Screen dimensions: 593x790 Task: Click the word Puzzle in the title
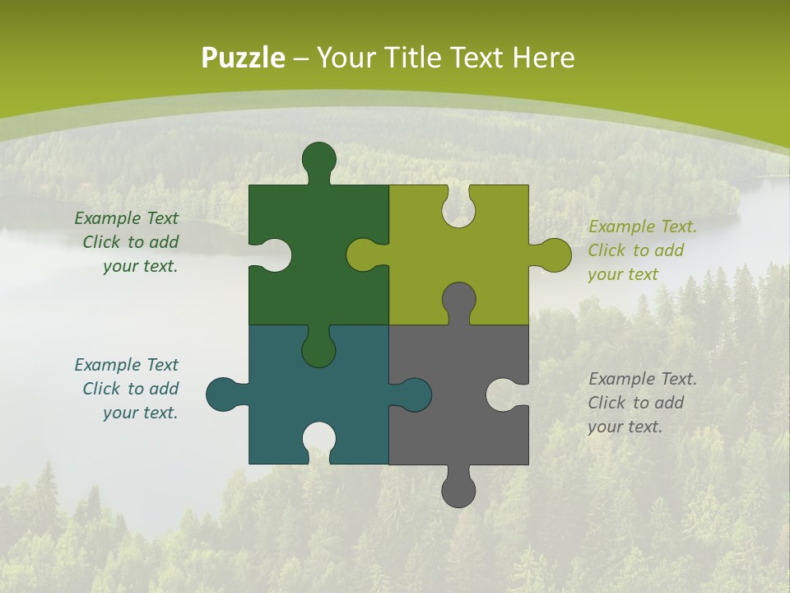pos(244,58)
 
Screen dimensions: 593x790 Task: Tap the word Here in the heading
pos(544,58)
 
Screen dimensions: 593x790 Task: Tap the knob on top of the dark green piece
pos(318,159)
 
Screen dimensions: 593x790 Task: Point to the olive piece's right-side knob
pos(554,254)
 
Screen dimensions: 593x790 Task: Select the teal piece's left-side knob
pos(223,394)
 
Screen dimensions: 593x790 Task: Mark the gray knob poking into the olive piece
pos(458,300)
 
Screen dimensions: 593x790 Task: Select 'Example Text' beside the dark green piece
pos(126,218)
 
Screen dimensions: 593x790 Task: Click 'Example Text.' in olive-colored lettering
pos(642,226)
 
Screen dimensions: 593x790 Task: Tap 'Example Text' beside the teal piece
pos(126,365)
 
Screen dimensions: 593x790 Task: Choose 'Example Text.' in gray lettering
pos(642,379)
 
